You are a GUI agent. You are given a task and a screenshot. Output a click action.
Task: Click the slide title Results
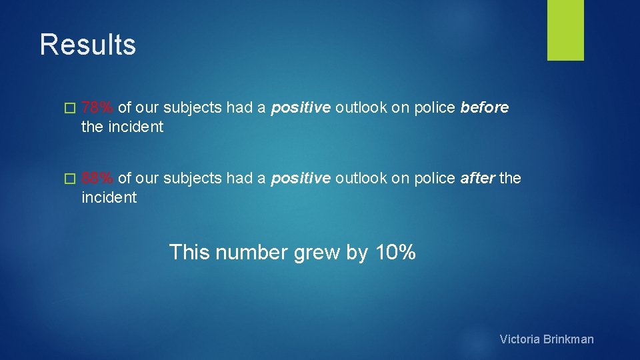point(87,45)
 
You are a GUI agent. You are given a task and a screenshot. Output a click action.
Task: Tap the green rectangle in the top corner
point(565,30)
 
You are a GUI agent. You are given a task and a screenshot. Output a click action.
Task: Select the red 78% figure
point(97,108)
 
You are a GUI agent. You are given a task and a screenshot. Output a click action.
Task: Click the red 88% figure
point(97,179)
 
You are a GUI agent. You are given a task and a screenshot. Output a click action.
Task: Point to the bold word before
point(485,108)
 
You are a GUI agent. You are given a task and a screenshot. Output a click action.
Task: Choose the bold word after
point(477,179)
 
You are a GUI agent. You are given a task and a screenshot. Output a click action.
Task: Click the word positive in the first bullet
point(300,109)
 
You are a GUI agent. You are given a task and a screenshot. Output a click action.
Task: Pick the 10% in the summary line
point(395,253)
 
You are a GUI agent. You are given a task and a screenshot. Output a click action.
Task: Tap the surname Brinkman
point(568,339)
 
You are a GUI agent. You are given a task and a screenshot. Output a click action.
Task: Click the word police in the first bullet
point(434,108)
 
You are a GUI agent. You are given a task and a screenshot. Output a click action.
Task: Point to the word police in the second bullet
point(434,179)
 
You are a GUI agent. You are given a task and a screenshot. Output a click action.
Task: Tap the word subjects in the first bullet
point(193,109)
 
